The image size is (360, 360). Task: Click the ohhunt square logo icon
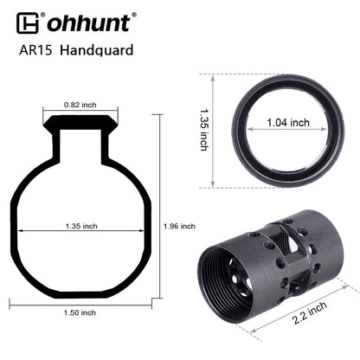[x=28, y=23]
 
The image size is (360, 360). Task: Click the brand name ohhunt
[x=88, y=23]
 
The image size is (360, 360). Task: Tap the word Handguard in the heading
[x=97, y=50]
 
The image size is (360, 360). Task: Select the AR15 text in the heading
[x=35, y=50]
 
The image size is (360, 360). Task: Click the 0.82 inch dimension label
[x=80, y=105]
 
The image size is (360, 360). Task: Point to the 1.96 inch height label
[x=179, y=226]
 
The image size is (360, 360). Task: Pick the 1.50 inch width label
[x=80, y=312]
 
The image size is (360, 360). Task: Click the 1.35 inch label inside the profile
[x=81, y=226]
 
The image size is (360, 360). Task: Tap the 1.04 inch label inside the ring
[x=288, y=123]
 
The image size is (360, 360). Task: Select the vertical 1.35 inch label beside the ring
[x=204, y=130]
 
